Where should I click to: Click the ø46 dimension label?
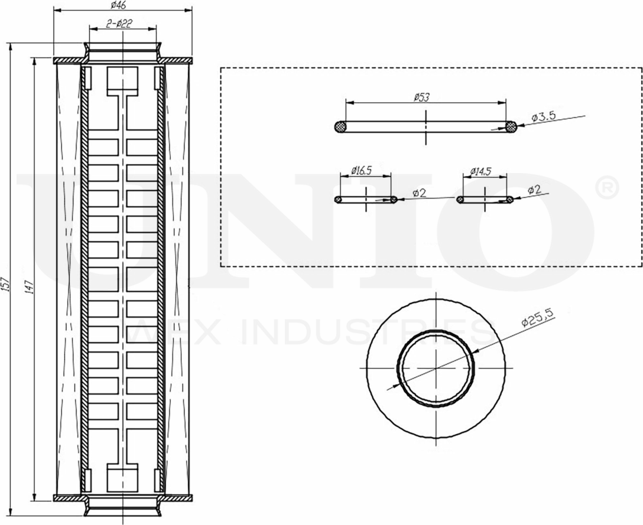coord(122,5)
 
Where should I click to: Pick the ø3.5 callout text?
coord(544,117)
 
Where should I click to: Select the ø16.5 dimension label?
coord(361,171)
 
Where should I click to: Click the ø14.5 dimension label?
coord(480,171)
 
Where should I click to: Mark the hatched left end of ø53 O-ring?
coord(340,126)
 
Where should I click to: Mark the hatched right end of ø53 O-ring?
coord(511,126)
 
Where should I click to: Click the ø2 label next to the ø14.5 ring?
coord(534,190)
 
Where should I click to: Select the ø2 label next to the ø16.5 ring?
coord(419,193)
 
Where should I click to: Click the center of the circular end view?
coord(436,369)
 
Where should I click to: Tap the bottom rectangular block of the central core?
coord(122,478)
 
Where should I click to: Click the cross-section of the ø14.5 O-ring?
coord(460,200)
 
